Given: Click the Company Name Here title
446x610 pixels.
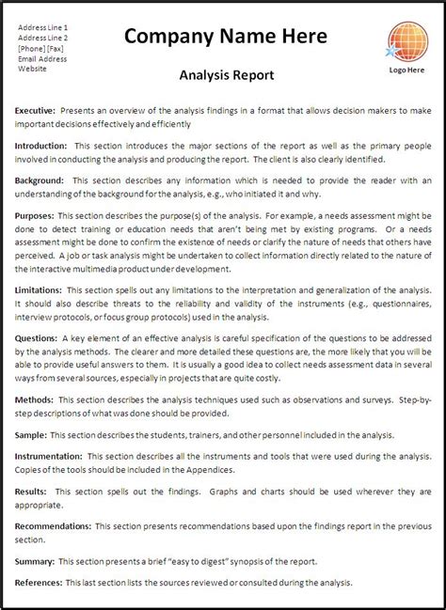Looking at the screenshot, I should (226, 36).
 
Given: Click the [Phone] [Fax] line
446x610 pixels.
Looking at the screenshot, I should (40, 49).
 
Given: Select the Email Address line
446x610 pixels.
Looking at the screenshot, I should (41, 58).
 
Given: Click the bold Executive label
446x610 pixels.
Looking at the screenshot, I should (36, 110).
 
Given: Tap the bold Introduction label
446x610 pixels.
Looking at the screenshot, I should (40, 147).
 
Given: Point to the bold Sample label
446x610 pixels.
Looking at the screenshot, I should (31, 435).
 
